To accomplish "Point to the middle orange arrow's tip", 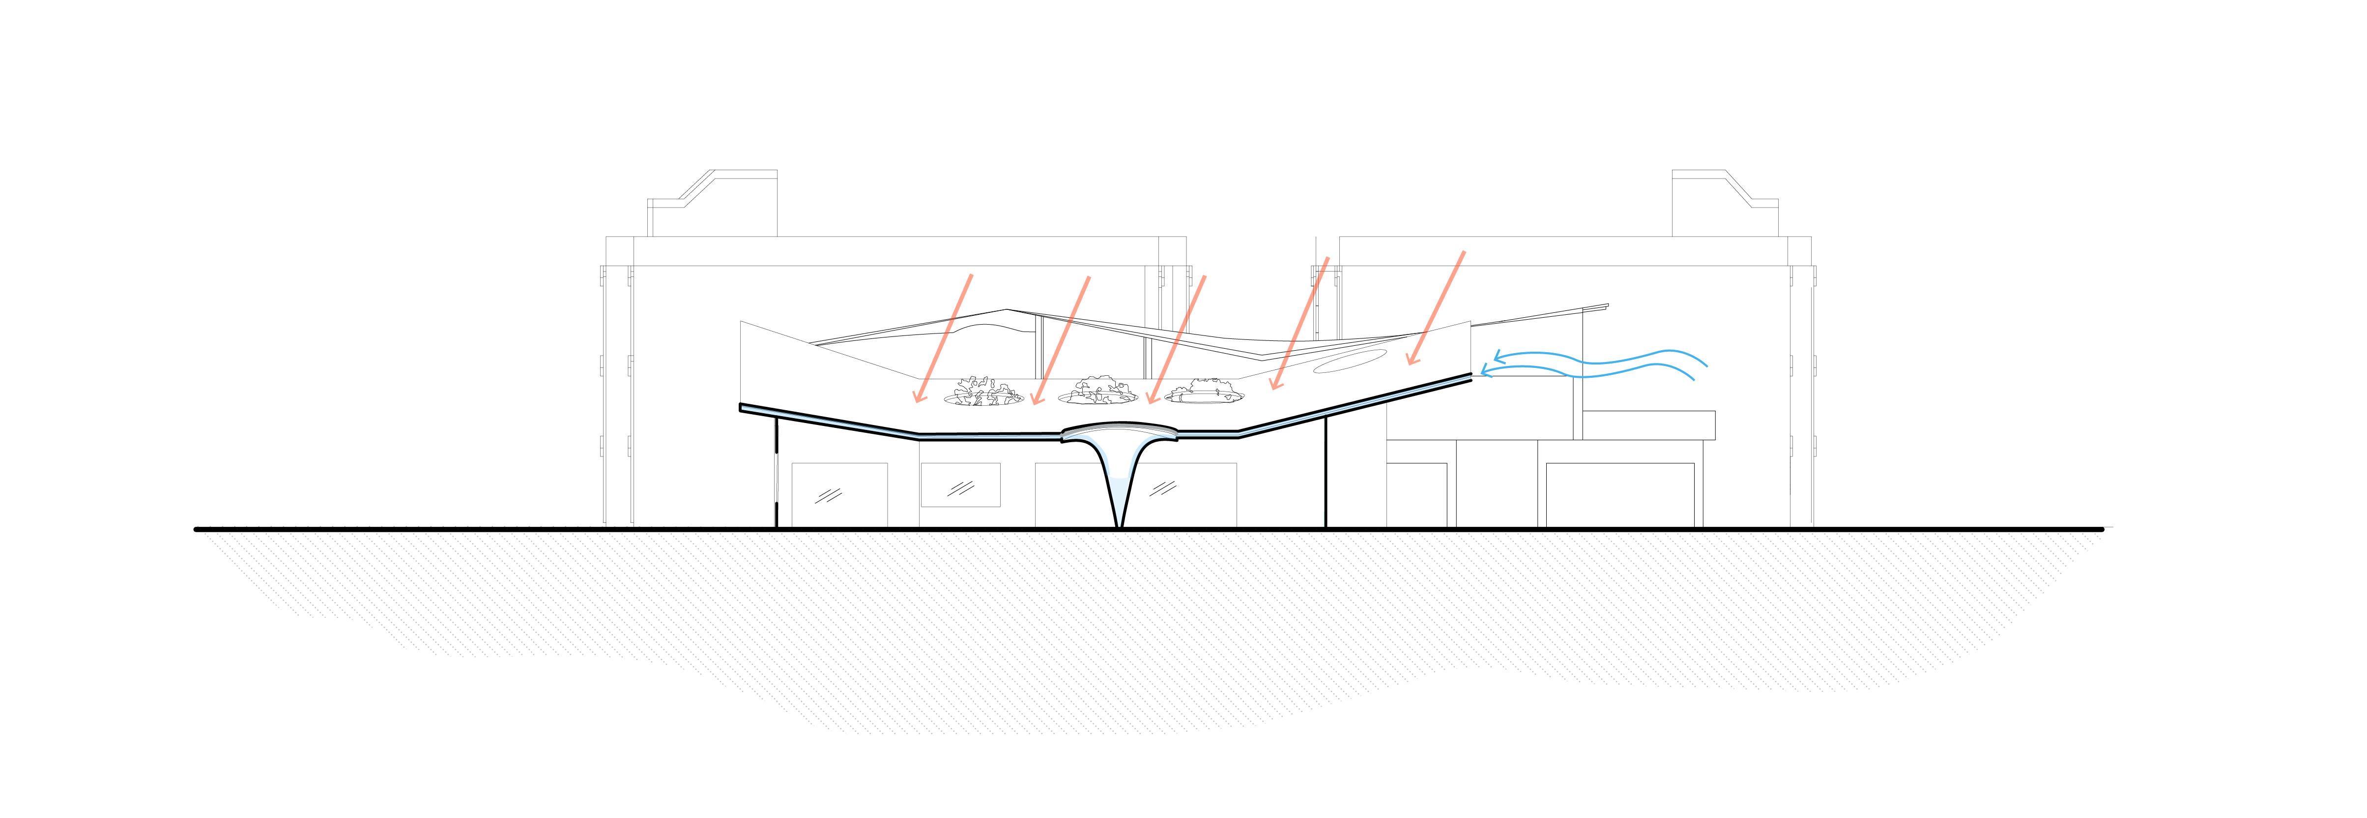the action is coord(1149,402).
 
